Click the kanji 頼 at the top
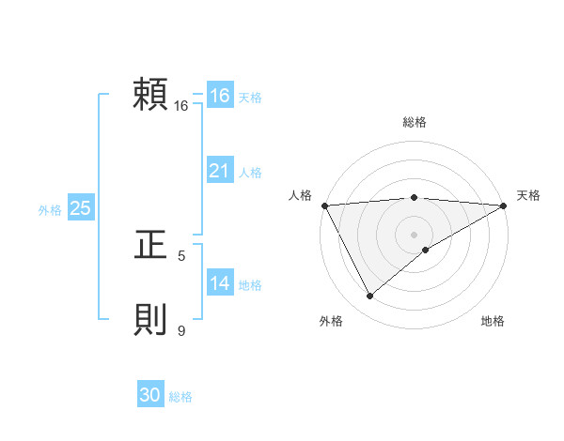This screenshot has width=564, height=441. pyautogui.click(x=151, y=96)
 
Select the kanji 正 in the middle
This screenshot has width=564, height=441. pyautogui.click(x=151, y=246)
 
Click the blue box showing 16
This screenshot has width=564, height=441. pyautogui.click(x=220, y=96)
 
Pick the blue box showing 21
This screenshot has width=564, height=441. pyautogui.click(x=220, y=171)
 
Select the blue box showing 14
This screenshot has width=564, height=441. pyautogui.click(x=220, y=283)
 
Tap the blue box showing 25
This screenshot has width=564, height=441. pyautogui.click(x=81, y=208)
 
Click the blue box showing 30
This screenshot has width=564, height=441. pyautogui.click(x=150, y=396)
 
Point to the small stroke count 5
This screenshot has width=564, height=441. pyautogui.click(x=181, y=255)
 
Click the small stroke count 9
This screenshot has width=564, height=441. pyautogui.click(x=181, y=330)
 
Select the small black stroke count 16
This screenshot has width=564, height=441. pyautogui.click(x=181, y=106)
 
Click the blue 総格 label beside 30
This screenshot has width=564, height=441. pyautogui.click(x=180, y=397)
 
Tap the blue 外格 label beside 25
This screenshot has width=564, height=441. pyautogui.click(x=50, y=210)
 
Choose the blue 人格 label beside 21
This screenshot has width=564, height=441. pyautogui.click(x=250, y=173)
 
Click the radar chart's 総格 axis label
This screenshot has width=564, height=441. pyautogui.click(x=415, y=122)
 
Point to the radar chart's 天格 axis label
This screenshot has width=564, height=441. pyautogui.click(x=528, y=195)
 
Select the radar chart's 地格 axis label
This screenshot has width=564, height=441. pyautogui.click(x=493, y=321)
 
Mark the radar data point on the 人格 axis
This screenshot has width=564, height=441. pyautogui.click(x=324, y=205)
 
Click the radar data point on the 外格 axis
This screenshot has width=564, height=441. pyautogui.click(x=369, y=297)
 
